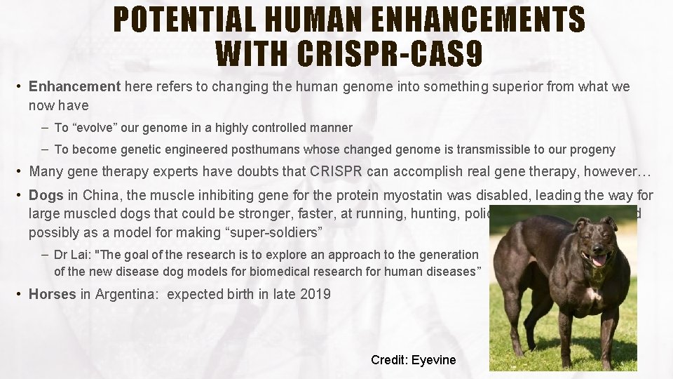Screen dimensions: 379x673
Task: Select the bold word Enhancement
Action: click(75, 87)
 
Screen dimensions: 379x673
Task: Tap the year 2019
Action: click(316, 294)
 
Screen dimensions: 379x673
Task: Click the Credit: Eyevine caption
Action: click(413, 360)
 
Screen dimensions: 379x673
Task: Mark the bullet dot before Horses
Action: click(20, 294)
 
